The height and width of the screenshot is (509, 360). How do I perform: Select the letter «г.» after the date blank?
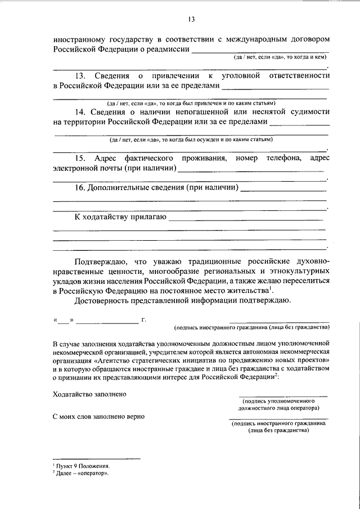click(144, 320)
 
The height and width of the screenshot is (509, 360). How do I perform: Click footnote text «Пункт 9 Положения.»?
click(82, 467)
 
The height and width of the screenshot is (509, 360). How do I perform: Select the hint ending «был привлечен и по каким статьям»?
click(191, 103)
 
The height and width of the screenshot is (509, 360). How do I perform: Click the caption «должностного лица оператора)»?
click(278, 408)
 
